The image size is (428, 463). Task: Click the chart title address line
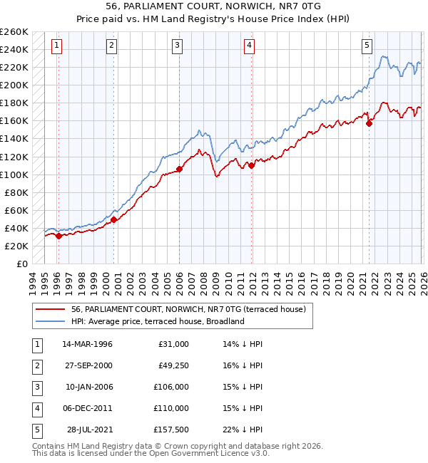coord(213,6)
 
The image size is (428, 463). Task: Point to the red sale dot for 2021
coord(370,123)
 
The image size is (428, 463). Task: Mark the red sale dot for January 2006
coord(179,169)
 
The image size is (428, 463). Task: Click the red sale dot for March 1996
coord(58,236)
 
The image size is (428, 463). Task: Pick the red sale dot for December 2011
coord(251,165)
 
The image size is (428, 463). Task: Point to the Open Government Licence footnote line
coord(151,453)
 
